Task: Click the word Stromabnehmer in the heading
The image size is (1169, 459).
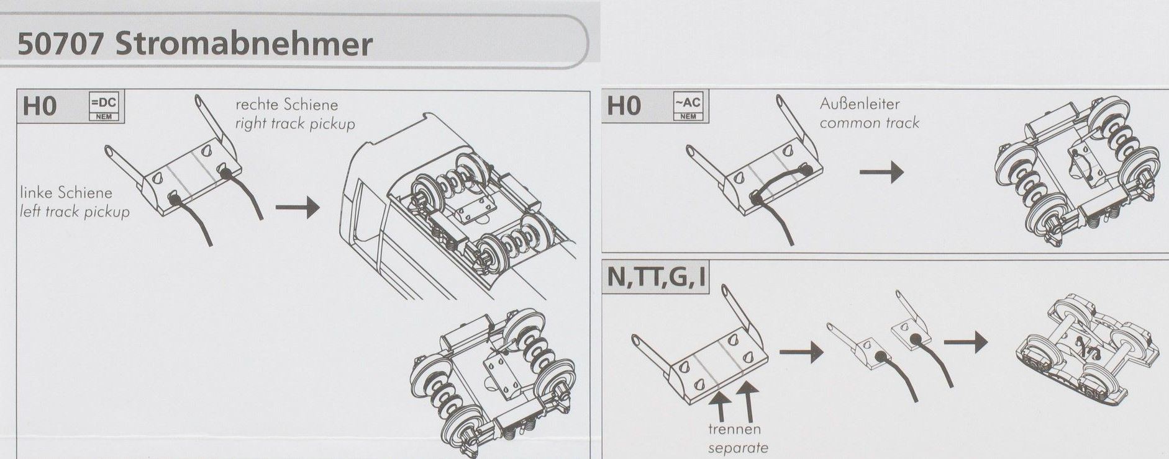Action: [x=244, y=45]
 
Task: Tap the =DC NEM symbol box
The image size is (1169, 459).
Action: [x=104, y=107]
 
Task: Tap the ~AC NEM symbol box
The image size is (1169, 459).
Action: [x=688, y=107]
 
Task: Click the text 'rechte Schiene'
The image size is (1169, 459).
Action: [x=287, y=104]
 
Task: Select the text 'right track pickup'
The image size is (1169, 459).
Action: [x=295, y=123]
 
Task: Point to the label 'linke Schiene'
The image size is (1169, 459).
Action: [x=66, y=193]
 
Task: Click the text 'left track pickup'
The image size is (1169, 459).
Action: [x=75, y=212]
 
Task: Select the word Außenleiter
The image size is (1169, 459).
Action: [x=859, y=104]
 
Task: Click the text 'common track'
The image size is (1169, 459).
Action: [x=869, y=123]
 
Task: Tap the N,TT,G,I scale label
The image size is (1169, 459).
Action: [x=657, y=277]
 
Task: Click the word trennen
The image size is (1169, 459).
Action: [x=734, y=429]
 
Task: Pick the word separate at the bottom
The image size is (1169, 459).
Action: [x=738, y=448]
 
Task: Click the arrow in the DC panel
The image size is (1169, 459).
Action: [x=297, y=207]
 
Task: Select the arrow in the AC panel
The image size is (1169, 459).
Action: [x=881, y=172]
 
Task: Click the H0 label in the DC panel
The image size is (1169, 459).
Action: [x=40, y=107]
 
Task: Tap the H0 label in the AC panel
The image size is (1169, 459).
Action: [x=624, y=106]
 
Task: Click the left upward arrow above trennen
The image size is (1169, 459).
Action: [x=719, y=405]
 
